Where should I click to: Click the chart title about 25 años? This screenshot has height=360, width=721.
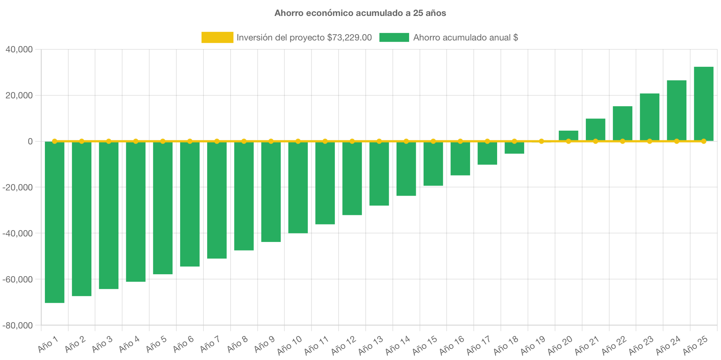pos(360,13)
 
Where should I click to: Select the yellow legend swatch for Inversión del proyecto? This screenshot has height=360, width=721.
pos(217,37)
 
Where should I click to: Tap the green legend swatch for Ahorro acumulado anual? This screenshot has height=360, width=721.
pos(394,37)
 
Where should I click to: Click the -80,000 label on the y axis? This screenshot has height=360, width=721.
pos(18,325)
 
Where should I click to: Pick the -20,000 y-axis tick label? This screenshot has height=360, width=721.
pos(18,187)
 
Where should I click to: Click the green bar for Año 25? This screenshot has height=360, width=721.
pos(704,104)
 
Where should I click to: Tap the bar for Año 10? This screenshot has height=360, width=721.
pos(298,187)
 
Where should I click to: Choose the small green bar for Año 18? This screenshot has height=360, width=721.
pos(514,148)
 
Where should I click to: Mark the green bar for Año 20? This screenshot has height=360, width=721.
pos(568,135)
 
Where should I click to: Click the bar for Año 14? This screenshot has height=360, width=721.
pos(406,168)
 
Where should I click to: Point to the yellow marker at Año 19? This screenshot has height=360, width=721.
pos(541,141)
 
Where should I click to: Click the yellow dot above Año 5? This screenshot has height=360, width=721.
pos(163,141)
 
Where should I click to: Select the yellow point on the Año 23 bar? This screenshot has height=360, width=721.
pos(649,141)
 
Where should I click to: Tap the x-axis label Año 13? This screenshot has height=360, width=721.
pos(371,345)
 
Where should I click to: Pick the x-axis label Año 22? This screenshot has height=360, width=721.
pos(614,345)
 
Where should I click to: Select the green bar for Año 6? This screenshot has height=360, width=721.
pos(190,204)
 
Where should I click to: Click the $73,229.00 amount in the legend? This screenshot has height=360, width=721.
pos(349,37)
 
